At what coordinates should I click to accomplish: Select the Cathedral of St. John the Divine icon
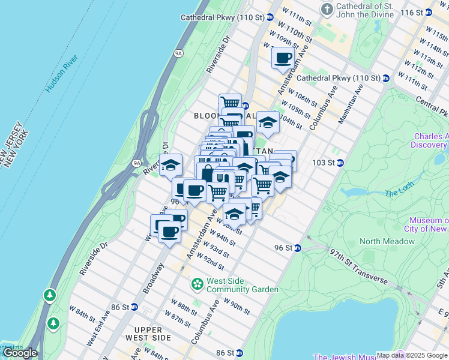pyautogui.click(x=327, y=9)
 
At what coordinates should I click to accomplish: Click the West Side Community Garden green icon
pyautogui.click(x=197, y=283)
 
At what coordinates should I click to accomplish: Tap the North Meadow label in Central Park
pyautogui.click(x=387, y=241)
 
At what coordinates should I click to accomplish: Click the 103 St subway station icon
pyautogui.click(x=340, y=163)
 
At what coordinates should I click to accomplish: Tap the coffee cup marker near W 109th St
pyautogui.click(x=283, y=58)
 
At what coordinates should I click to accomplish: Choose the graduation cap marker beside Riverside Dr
pyautogui.click(x=171, y=164)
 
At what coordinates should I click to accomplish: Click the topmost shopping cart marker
pyautogui.click(x=230, y=103)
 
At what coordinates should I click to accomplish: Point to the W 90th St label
pyautogui.click(x=236, y=305)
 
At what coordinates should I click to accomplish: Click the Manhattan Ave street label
pyautogui.click(x=351, y=104)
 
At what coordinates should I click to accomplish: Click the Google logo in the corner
pyautogui.click(x=20, y=353)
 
